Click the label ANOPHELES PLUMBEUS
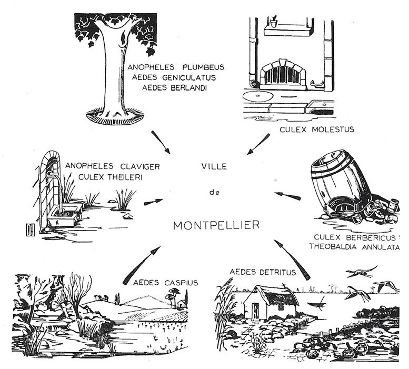176,67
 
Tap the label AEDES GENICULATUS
176,77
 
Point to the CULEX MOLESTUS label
310,128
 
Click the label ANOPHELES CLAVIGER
112,166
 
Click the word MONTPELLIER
216,225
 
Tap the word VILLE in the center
214,166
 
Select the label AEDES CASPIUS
165,283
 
